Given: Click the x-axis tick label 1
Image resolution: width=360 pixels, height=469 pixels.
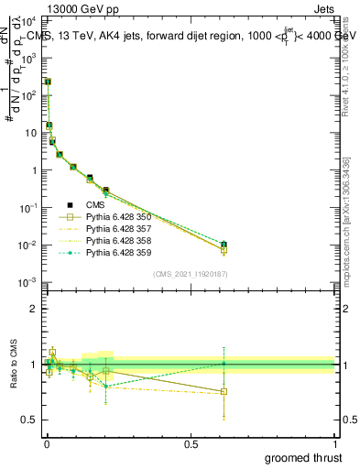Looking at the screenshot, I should (x=334, y=442).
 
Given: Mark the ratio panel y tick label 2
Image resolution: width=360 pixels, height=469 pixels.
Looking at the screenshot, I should (x=33, y=309).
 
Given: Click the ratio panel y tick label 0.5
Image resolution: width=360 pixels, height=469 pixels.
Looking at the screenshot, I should (x=29, y=420).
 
